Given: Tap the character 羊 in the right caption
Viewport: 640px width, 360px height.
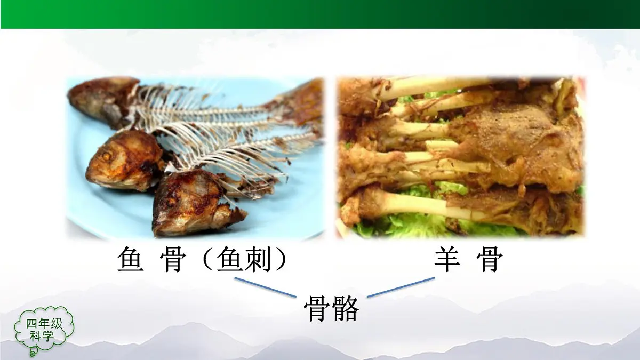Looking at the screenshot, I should click(447, 260).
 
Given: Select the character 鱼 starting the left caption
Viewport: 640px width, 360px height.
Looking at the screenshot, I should click(130, 260).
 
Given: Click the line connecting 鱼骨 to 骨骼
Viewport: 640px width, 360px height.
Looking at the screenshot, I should click(265, 287).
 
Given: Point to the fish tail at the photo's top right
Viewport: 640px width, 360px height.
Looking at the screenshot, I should click(301, 101).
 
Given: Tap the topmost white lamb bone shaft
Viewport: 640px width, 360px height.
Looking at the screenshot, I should click(432, 85).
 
